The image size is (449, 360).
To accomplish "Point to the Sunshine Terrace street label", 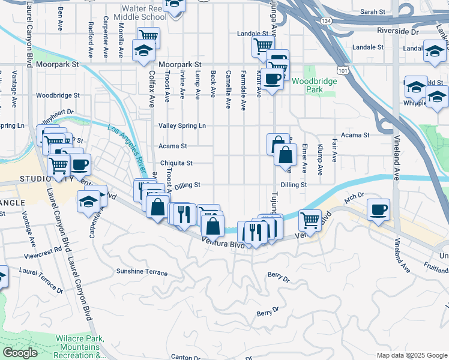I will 142,272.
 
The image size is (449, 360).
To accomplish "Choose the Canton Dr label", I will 185,356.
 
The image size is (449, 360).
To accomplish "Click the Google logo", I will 20,353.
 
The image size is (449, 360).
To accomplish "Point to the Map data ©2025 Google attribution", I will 411,355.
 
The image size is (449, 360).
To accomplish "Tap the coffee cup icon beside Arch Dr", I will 379,210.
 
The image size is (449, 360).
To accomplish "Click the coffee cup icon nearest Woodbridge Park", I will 272,79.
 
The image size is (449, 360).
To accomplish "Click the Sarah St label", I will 373,11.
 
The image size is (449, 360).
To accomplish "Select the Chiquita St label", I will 176,163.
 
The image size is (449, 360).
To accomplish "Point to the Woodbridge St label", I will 58,95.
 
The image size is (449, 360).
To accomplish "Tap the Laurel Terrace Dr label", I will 41,280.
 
